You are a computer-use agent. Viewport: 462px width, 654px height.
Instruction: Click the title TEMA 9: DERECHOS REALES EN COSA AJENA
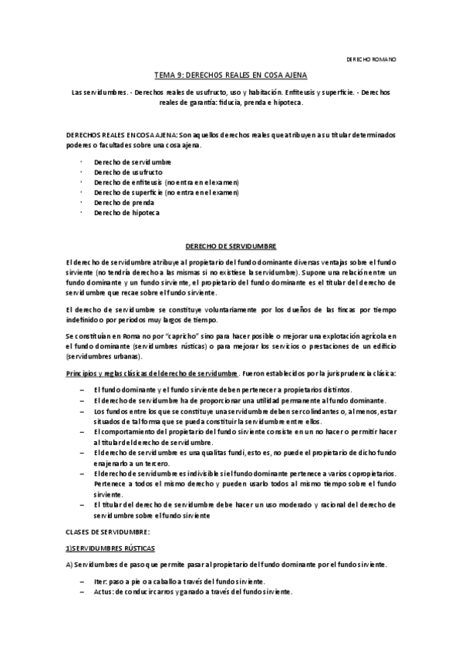click(x=231, y=76)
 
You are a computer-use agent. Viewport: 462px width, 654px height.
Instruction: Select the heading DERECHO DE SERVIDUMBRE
click(x=231, y=245)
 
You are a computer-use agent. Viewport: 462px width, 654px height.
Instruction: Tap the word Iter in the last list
click(x=99, y=581)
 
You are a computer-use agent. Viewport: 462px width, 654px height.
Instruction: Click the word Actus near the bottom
click(x=103, y=591)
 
